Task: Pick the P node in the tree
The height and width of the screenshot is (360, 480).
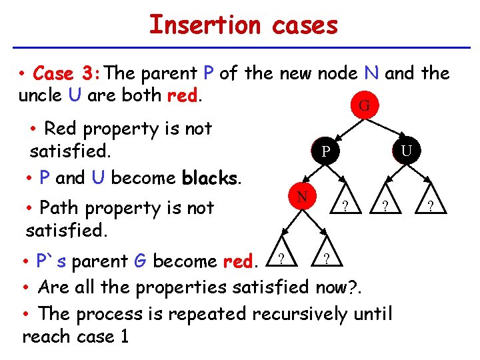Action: click(324, 153)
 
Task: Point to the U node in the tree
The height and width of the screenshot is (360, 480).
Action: click(406, 152)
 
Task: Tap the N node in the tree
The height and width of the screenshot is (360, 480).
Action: click(302, 197)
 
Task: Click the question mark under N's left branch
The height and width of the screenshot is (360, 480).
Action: click(281, 258)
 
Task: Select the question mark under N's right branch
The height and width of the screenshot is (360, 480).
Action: click(325, 258)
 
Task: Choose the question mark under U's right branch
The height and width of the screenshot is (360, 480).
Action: click(431, 207)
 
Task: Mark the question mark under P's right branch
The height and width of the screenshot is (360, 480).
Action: click(344, 207)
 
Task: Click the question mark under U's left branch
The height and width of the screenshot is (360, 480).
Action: click(384, 207)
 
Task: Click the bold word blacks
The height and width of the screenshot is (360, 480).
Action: click(209, 179)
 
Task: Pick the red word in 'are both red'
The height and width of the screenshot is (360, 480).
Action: click(181, 95)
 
